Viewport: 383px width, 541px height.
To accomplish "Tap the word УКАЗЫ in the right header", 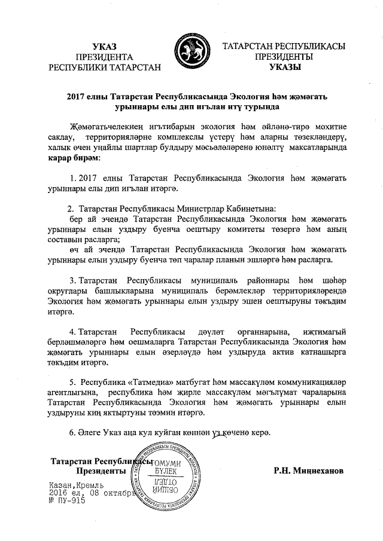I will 279,68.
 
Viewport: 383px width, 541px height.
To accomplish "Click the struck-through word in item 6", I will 223,433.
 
